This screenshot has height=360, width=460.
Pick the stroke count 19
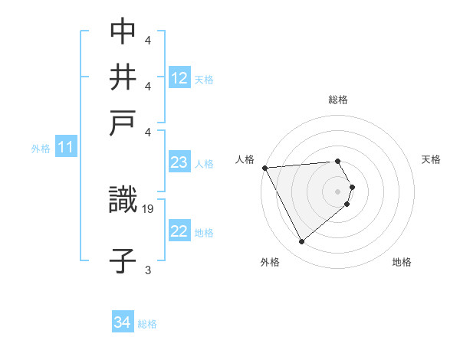click(x=148, y=208)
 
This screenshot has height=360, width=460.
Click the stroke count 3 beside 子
click(x=148, y=269)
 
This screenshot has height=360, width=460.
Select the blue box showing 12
click(x=179, y=78)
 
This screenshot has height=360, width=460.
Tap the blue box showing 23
click(x=179, y=162)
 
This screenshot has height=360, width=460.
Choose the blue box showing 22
click(x=179, y=231)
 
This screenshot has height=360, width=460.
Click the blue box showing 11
click(x=65, y=147)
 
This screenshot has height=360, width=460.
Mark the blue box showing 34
click(x=122, y=322)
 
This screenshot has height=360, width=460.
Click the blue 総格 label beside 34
click(x=147, y=324)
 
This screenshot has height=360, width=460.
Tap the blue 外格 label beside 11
click(x=40, y=149)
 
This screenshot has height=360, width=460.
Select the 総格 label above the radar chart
click(x=337, y=100)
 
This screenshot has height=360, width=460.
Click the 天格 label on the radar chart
click(x=431, y=159)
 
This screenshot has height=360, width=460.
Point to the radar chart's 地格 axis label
click(x=402, y=262)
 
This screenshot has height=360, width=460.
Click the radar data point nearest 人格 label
click(x=264, y=168)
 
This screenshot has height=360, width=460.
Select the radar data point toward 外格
click(x=301, y=242)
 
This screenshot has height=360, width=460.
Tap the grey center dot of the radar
click(x=337, y=191)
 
